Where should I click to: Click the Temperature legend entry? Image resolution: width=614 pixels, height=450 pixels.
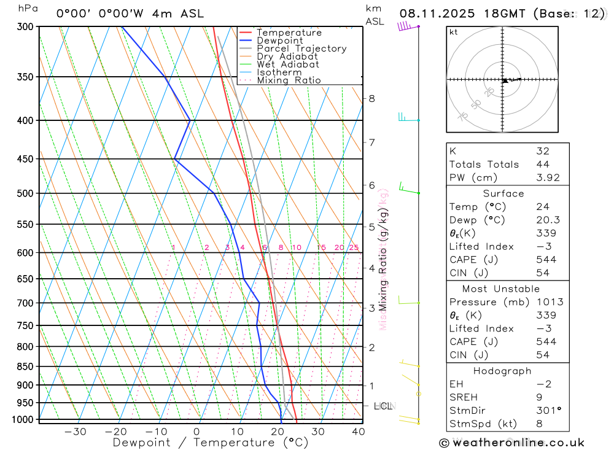[x=289, y=33]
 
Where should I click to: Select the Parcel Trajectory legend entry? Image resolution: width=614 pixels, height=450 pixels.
[x=301, y=48]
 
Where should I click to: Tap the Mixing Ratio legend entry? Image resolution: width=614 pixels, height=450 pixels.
[x=289, y=80]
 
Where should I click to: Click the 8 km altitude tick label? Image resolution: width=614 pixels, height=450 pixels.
[x=371, y=98]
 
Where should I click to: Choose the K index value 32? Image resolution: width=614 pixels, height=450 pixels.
[x=542, y=151]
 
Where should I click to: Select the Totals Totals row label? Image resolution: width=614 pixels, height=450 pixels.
[x=484, y=165]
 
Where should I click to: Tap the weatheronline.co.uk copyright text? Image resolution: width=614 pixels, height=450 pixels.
[x=511, y=443]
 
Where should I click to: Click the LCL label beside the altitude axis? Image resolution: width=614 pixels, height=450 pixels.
[x=383, y=406]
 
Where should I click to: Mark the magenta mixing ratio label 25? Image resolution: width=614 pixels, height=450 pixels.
[x=354, y=247]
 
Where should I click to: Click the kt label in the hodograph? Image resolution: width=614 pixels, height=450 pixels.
[x=454, y=32]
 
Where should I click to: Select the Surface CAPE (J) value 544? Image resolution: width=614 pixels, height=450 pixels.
[x=546, y=260]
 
